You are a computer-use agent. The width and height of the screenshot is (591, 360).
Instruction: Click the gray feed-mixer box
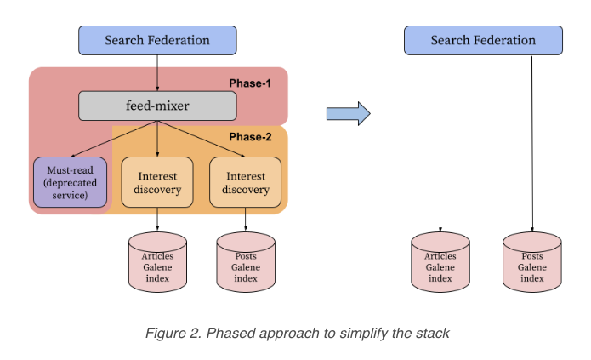click(157, 106)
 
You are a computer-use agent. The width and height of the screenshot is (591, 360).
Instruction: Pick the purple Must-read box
click(71, 183)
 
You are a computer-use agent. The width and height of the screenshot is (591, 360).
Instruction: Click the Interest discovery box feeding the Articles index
click(158, 183)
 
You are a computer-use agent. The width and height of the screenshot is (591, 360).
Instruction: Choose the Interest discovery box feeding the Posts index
click(245, 183)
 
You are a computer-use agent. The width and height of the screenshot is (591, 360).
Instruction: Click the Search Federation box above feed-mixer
click(157, 40)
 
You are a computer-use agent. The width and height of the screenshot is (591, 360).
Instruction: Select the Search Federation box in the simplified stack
click(482, 40)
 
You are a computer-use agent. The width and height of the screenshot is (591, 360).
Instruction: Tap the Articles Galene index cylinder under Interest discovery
click(158, 261)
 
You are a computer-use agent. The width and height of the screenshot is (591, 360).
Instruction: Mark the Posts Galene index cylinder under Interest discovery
click(246, 261)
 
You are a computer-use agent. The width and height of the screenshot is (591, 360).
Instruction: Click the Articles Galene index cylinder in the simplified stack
click(440, 261)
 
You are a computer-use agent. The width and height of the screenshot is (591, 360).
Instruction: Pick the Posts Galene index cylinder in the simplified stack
click(532, 261)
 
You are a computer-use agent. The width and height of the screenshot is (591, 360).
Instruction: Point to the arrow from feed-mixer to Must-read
click(115, 139)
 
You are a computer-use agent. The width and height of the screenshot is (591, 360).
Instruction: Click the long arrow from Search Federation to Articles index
click(440, 145)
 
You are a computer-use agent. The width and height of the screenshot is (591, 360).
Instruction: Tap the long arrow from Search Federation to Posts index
click(532, 145)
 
